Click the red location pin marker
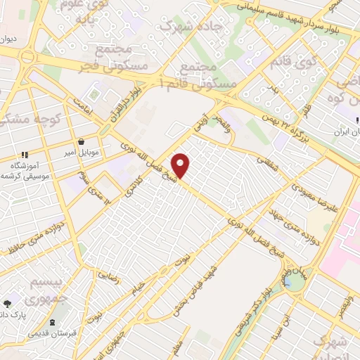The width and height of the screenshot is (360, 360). click(x=181, y=165)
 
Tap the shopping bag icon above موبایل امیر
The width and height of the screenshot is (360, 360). click(x=82, y=141)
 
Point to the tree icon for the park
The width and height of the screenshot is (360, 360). click(x=8, y=304)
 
